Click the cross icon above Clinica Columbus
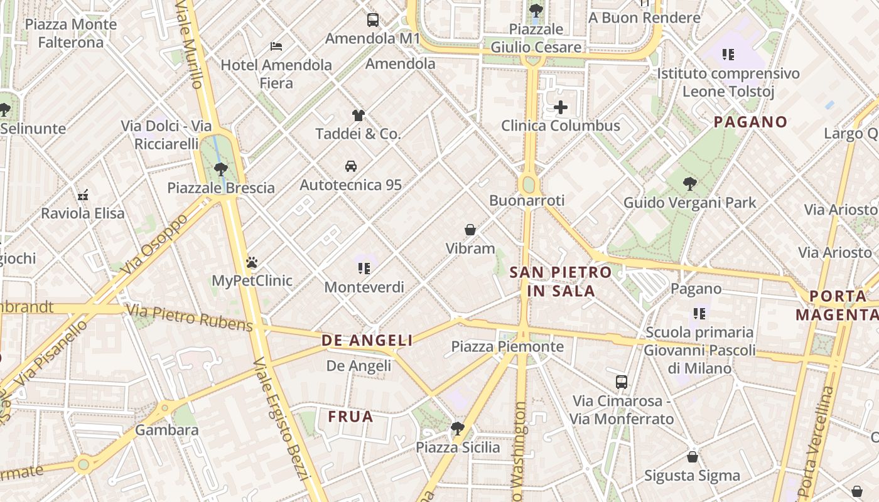click(561, 108)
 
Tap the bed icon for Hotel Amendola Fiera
click(276, 46)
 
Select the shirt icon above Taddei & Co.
click(358, 115)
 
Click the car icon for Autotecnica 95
click(351, 166)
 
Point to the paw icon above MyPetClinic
click(252, 262)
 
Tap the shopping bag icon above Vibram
click(470, 230)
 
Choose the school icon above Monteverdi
click(364, 269)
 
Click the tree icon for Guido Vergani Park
click(690, 184)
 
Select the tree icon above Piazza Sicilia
click(458, 429)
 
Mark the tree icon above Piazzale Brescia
click(220, 169)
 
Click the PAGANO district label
click(750, 122)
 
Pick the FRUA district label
click(350, 417)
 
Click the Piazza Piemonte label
click(507, 346)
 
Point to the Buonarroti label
click(527, 200)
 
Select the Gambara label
click(167, 430)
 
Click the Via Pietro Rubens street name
click(190, 318)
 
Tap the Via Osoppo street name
click(156, 245)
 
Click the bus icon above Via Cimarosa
click(621, 382)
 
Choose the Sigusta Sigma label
click(693, 476)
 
